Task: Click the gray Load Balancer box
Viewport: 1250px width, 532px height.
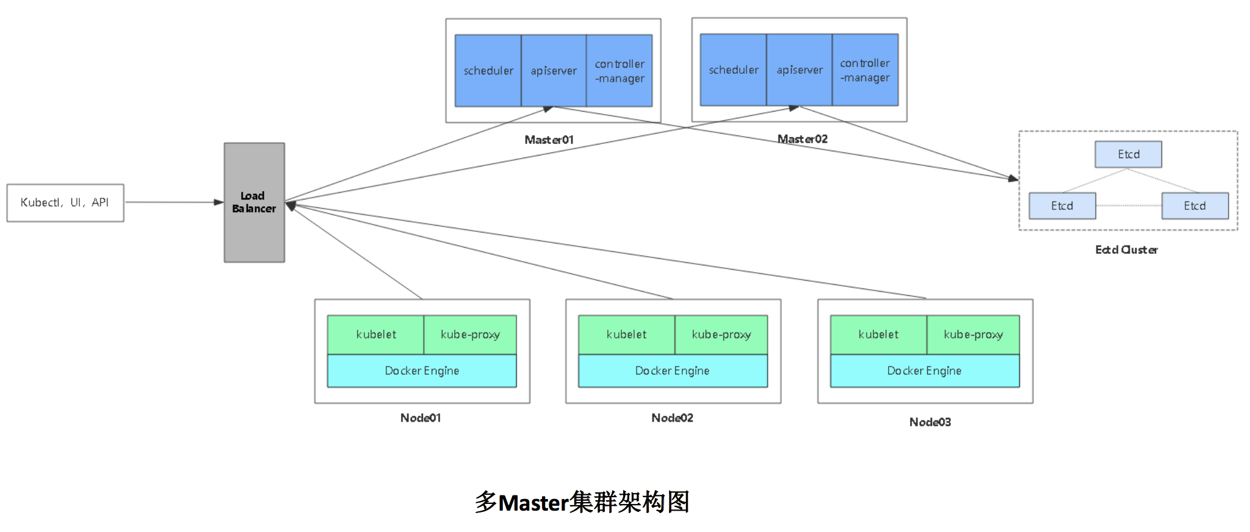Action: click(254, 203)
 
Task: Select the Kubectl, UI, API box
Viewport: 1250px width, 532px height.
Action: click(65, 203)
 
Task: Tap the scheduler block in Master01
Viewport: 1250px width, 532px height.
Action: click(488, 71)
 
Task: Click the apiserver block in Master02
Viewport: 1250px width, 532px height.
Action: click(800, 70)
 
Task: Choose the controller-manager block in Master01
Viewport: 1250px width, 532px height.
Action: click(620, 71)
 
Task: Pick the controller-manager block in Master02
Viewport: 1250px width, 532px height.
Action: click(865, 70)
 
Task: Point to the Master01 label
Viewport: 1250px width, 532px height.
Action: click(549, 140)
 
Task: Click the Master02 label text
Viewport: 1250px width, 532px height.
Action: click(802, 139)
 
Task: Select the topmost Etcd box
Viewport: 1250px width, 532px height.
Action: click(1128, 154)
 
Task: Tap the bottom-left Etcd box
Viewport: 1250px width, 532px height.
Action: click(1062, 206)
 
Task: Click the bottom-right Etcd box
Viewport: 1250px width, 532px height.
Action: click(1194, 206)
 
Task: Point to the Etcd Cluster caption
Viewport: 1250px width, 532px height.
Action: click(1126, 250)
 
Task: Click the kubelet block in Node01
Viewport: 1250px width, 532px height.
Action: click(375, 334)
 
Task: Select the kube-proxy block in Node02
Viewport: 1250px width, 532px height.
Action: click(721, 334)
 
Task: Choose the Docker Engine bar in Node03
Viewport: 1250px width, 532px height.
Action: click(925, 370)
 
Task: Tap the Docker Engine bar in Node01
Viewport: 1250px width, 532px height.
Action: click(422, 370)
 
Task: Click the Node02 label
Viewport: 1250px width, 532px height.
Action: click(672, 418)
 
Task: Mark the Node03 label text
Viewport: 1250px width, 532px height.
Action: click(930, 422)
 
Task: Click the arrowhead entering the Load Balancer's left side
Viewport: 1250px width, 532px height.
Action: click(219, 202)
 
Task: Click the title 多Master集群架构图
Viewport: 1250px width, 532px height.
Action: click(582, 502)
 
